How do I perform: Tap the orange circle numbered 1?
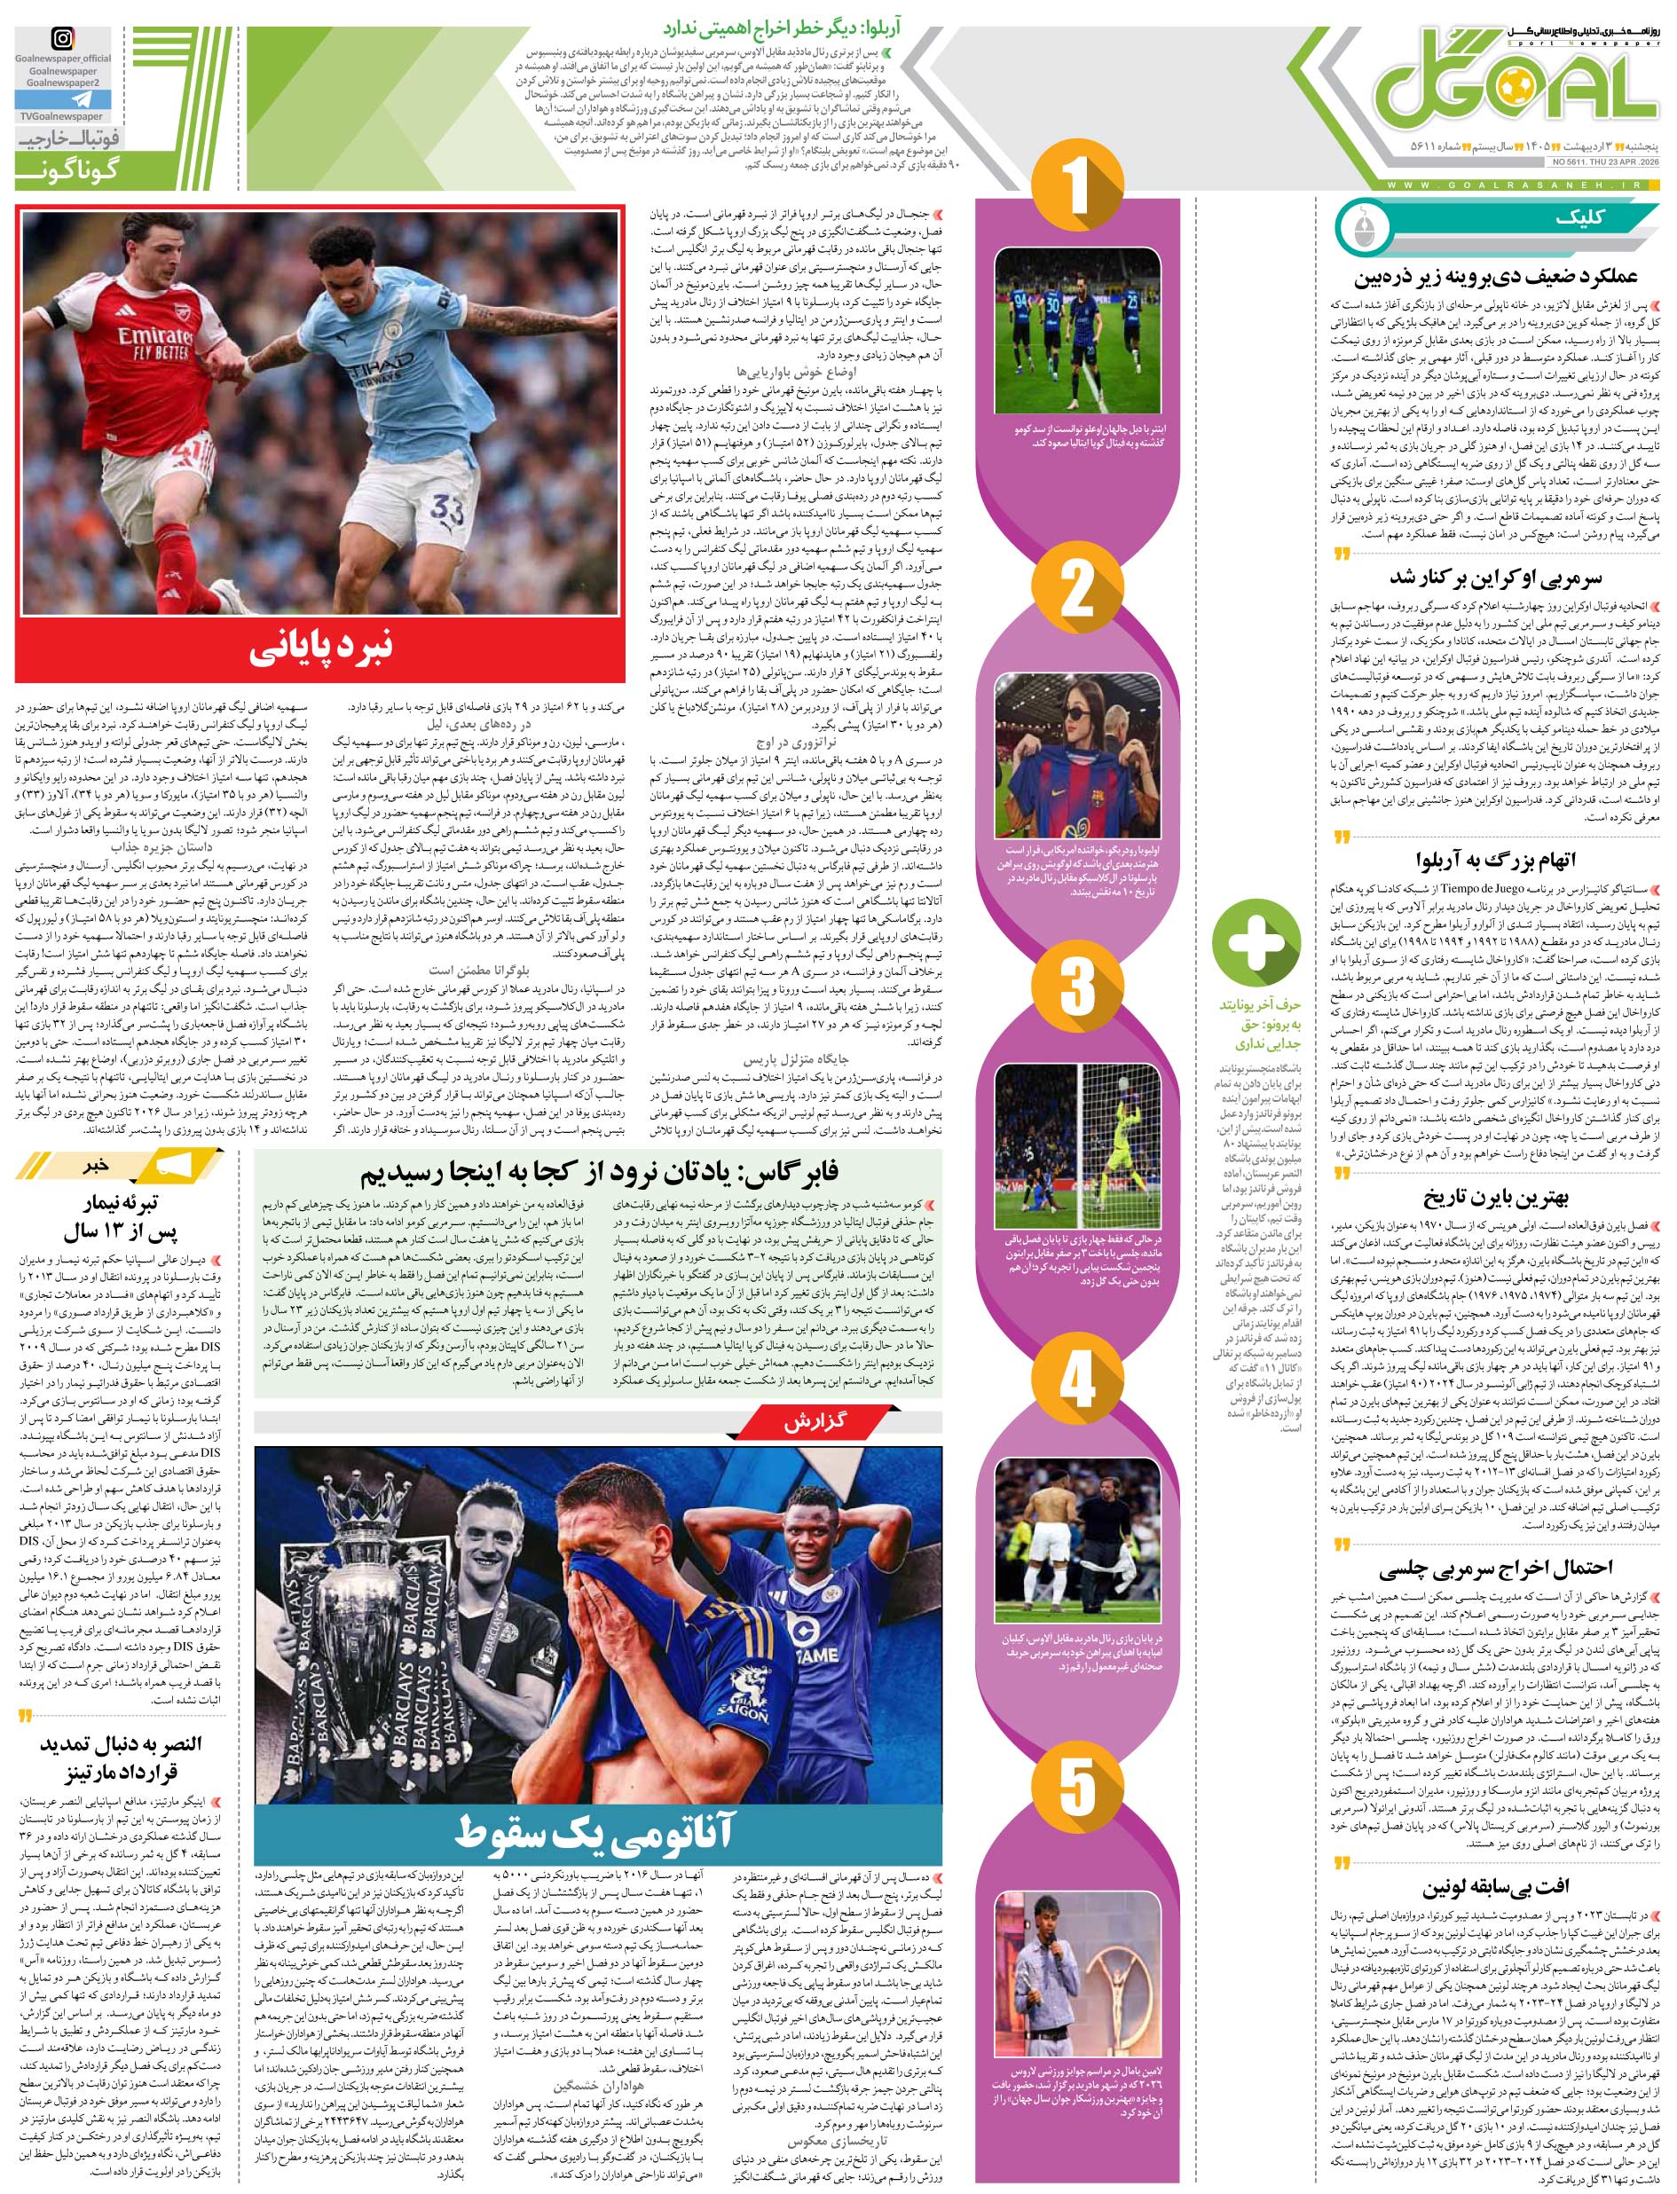[1077, 186]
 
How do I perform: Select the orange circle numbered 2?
[1077, 596]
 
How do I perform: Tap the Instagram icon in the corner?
[63, 40]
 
